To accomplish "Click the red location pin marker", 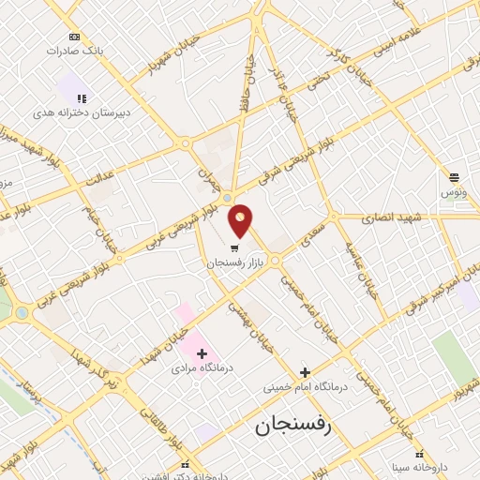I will (x=241, y=220).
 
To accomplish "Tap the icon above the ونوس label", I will (x=454, y=176).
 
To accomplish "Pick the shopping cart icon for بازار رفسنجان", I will (x=232, y=248).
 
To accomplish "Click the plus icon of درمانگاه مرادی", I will (x=202, y=352).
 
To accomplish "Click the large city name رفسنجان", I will (x=293, y=427).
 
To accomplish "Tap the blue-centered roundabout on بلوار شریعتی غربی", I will (x=227, y=198).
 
